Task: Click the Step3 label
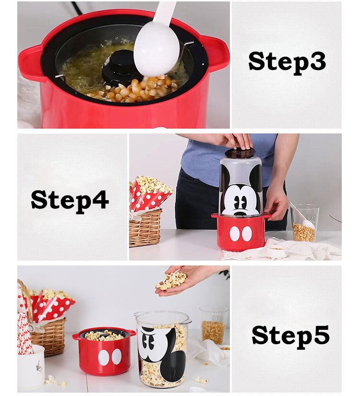point(287,62)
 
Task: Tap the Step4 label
point(70,201)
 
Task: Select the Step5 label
point(290,336)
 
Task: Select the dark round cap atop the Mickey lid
point(240,153)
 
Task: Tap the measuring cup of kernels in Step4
point(304,223)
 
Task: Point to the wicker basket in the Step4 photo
point(145,228)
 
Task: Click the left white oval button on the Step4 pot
point(235,234)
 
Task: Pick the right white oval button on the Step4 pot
point(247,234)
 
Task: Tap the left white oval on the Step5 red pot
point(104,357)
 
